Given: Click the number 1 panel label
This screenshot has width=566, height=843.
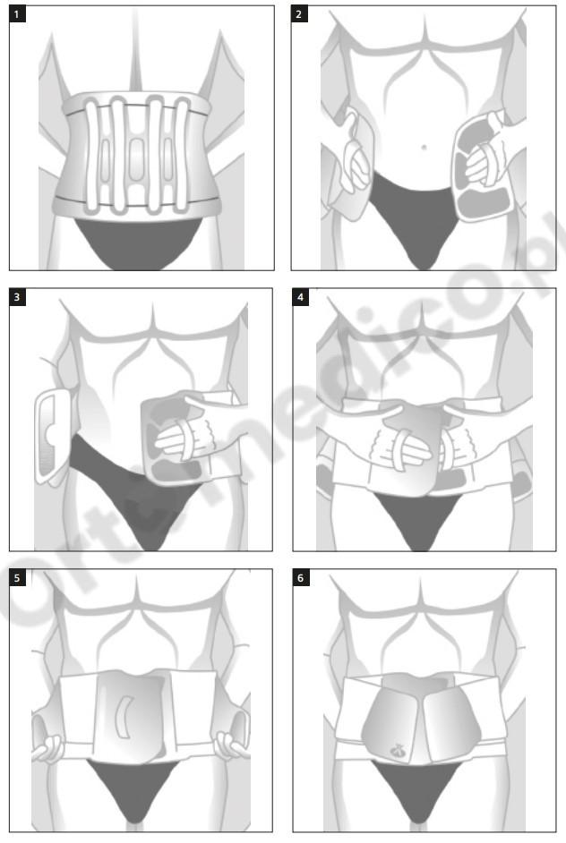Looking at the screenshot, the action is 17,14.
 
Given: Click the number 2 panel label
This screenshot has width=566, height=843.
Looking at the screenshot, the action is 299,14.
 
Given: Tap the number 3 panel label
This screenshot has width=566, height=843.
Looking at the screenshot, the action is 17,297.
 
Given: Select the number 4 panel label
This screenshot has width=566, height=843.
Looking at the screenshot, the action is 300,297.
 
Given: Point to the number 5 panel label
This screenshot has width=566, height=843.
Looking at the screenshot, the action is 17,578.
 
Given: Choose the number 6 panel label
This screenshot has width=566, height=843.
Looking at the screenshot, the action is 300,578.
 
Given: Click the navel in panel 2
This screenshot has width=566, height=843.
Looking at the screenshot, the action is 424,147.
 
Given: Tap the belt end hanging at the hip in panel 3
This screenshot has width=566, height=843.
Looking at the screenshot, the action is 52,437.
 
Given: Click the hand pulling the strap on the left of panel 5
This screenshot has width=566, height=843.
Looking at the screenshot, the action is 47,748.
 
